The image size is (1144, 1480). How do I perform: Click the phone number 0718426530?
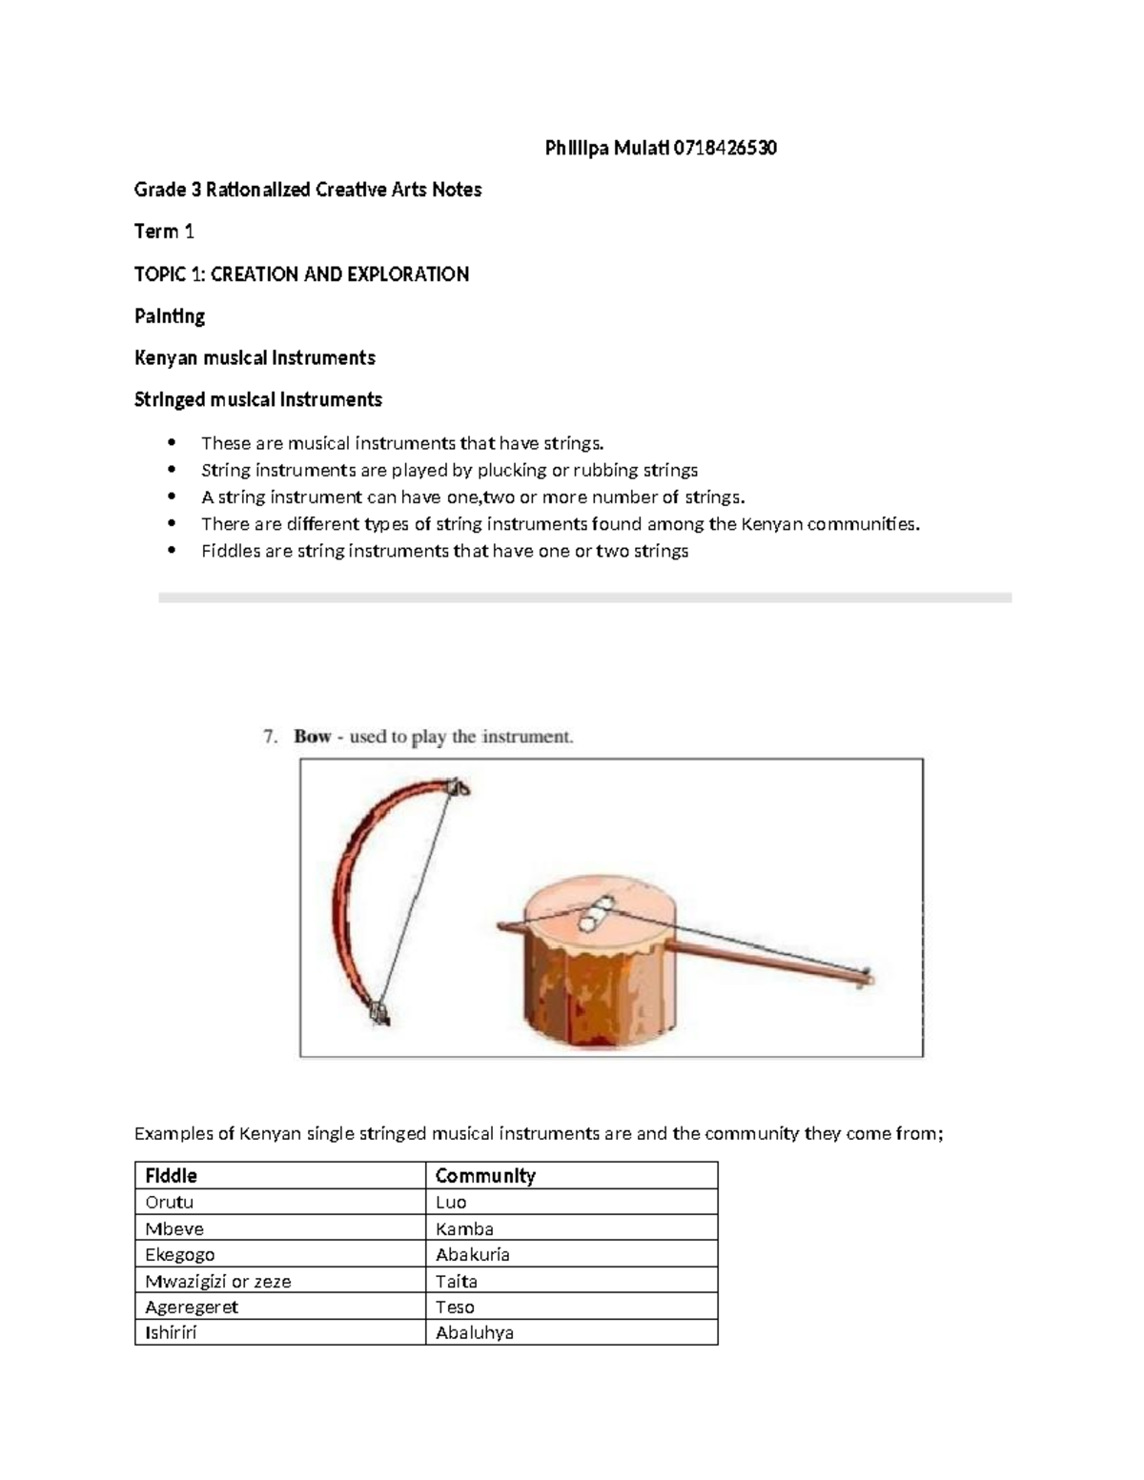click(725, 148)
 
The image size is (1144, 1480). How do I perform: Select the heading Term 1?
click(164, 232)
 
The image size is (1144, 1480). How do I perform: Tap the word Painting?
click(170, 315)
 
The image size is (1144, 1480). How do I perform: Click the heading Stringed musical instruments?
click(257, 399)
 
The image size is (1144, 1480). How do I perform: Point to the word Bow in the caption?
click(312, 737)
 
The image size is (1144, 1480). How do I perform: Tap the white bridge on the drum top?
click(596, 914)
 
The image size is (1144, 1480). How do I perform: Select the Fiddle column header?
click(171, 1175)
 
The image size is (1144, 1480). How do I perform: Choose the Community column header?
click(485, 1175)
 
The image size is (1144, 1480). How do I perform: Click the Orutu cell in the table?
click(169, 1202)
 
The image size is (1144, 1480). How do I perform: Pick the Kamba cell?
click(464, 1228)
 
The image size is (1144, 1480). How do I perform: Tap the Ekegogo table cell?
click(179, 1254)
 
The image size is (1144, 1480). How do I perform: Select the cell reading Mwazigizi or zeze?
click(217, 1281)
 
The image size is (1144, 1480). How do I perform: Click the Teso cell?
click(455, 1307)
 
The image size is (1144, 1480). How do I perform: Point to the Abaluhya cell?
click(474, 1332)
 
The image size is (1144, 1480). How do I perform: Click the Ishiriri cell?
click(171, 1332)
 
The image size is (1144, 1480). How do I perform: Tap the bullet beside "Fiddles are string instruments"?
click(172, 550)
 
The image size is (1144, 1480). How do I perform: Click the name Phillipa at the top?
click(575, 148)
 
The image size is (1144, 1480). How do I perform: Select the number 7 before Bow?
click(270, 737)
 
